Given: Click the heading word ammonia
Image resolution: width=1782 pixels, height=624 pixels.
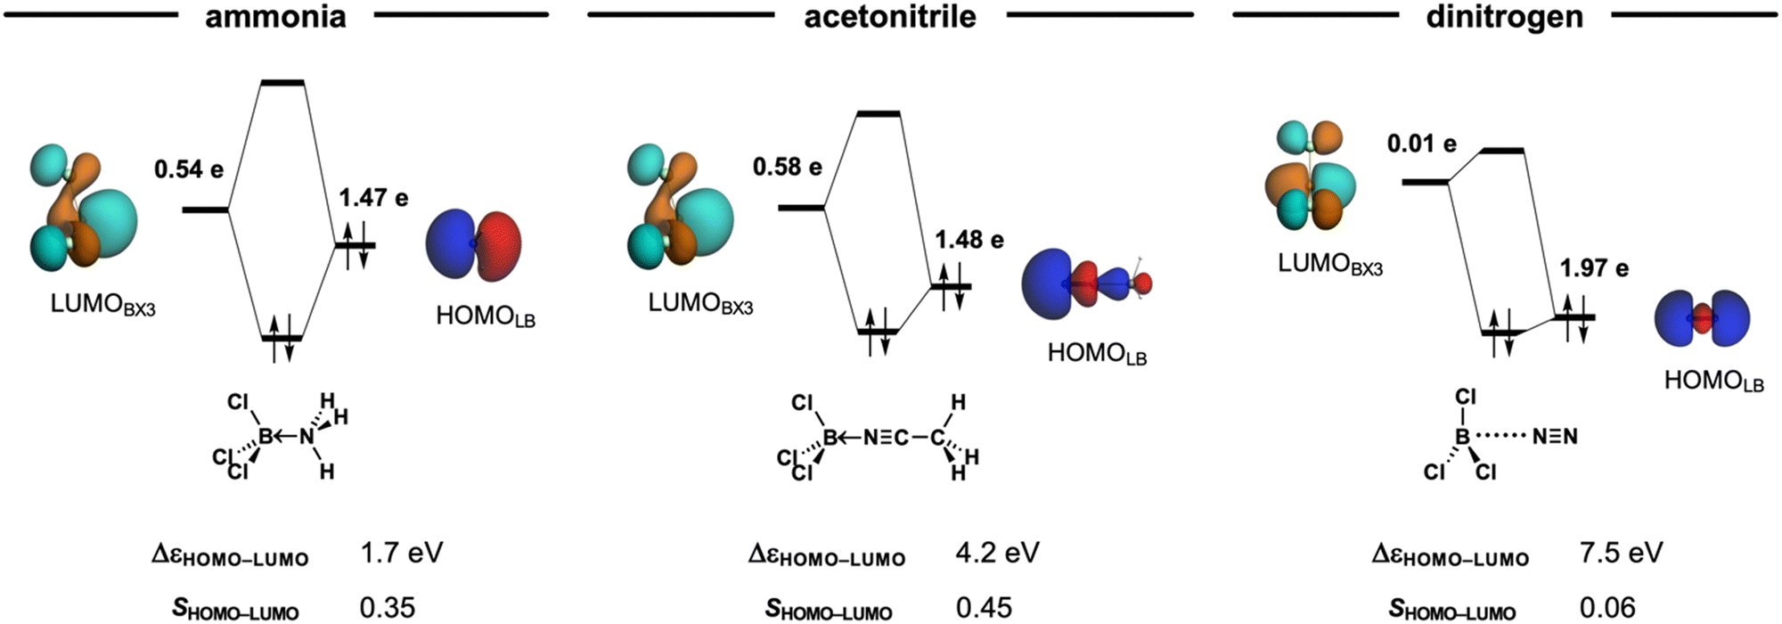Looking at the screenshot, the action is [x=275, y=16].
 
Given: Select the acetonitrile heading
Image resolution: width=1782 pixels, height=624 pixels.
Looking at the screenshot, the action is [x=890, y=16].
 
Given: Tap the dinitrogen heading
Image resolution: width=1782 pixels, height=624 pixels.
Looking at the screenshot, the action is [x=1505, y=18].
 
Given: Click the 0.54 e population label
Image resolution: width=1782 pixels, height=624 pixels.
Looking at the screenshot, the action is [x=189, y=168].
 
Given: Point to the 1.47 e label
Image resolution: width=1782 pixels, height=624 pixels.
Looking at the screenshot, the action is [x=373, y=197].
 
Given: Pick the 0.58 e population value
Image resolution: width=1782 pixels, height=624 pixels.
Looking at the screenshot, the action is [x=788, y=167].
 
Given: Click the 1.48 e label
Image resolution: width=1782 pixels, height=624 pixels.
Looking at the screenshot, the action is [x=969, y=240].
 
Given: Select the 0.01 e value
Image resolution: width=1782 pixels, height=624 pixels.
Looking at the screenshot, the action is [x=1422, y=144].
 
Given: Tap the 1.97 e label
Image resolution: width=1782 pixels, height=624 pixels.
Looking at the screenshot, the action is [x=1594, y=268].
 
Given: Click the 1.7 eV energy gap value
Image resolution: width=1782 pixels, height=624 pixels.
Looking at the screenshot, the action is [x=402, y=553].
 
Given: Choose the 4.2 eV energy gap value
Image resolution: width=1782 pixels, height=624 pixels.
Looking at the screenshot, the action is [x=998, y=553].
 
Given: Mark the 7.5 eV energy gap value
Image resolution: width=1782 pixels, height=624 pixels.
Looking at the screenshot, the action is [x=1622, y=553].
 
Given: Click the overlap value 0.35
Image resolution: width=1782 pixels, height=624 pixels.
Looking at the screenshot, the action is [x=388, y=607].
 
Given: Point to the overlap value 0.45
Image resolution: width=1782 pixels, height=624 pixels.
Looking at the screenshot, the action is [x=984, y=607].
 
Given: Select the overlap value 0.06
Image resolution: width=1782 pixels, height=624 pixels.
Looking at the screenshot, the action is [x=1607, y=607].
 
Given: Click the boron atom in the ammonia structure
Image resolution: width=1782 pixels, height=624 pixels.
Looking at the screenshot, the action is [x=265, y=436].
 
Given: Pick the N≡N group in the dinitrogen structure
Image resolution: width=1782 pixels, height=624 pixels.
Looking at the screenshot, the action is [x=1555, y=437].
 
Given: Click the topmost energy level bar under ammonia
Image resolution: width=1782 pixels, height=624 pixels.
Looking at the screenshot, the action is [x=282, y=83].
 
